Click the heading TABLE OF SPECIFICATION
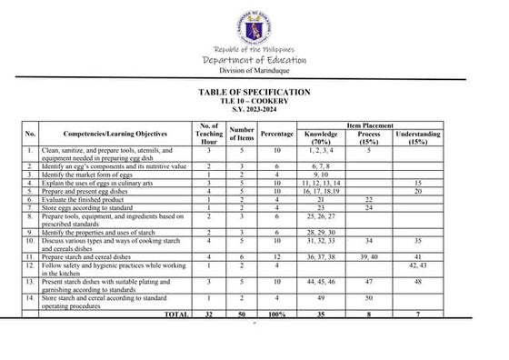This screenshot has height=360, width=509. (x=254, y=93)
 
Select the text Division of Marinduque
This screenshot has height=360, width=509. (x=254, y=72)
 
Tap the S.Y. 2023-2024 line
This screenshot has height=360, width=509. (x=254, y=109)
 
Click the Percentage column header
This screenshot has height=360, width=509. (x=277, y=134)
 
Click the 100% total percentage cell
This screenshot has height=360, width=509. (x=277, y=314)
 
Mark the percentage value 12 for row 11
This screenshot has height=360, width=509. (x=277, y=258)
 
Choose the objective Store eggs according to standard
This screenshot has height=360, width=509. (x=89, y=207)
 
